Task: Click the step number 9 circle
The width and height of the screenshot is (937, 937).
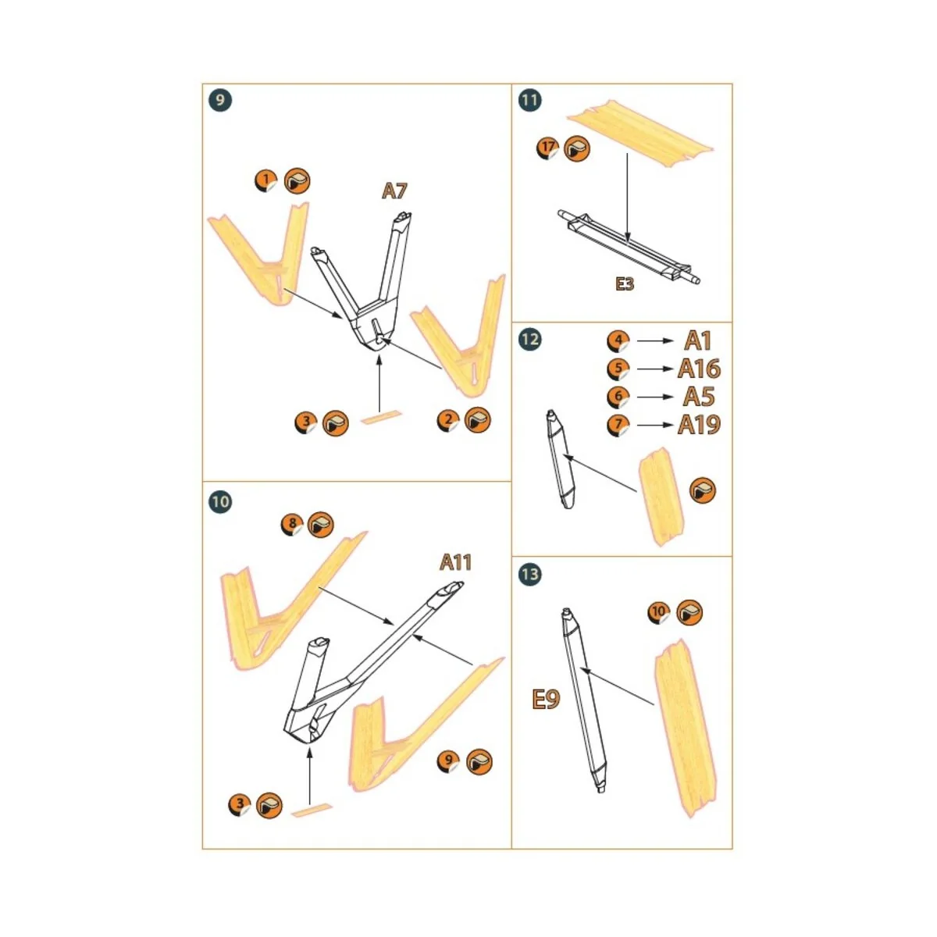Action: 220,100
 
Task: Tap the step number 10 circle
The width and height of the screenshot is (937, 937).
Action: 220,501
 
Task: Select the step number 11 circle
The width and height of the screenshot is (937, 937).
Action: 529,100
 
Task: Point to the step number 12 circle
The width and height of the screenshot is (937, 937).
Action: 529,339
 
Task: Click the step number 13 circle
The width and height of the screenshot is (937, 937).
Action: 529,574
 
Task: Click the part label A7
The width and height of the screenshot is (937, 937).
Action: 394,191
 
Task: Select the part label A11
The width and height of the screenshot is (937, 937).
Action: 455,562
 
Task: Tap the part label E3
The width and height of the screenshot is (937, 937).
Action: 624,284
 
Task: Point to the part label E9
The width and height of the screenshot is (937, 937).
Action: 546,699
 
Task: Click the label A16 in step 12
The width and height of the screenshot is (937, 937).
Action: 699,369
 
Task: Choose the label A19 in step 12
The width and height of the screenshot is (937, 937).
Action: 699,425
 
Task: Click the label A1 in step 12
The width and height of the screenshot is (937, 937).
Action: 698,340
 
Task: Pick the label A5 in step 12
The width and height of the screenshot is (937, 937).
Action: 699,397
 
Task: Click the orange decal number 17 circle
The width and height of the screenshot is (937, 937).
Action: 548,148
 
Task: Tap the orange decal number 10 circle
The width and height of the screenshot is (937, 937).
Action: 660,612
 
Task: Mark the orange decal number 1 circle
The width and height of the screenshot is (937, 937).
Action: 266,181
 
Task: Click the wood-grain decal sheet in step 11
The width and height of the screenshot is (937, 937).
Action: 640,134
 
